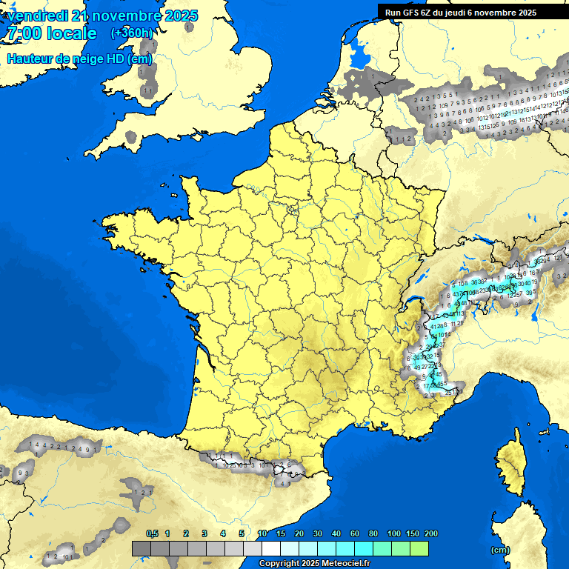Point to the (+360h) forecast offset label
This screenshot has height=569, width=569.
(x=132, y=33)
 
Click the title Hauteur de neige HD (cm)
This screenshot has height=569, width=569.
(x=79, y=59)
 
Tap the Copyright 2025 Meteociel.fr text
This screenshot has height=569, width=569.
(x=315, y=564)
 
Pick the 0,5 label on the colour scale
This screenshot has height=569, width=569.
(x=152, y=533)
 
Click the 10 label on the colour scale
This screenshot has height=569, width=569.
(x=262, y=533)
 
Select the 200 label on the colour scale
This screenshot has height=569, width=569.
(x=431, y=533)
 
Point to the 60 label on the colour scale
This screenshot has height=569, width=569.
(x=355, y=533)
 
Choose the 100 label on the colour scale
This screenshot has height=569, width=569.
(x=394, y=533)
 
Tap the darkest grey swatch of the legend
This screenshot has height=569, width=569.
(x=142, y=548)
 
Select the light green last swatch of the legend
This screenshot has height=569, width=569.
(x=419, y=548)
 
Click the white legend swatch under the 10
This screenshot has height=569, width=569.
(x=271, y=548)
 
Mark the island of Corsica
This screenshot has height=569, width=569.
(x=509, y=463)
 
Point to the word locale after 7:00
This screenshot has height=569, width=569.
(x=71, y=33)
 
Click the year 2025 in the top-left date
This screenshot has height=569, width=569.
(x=181, y=16)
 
